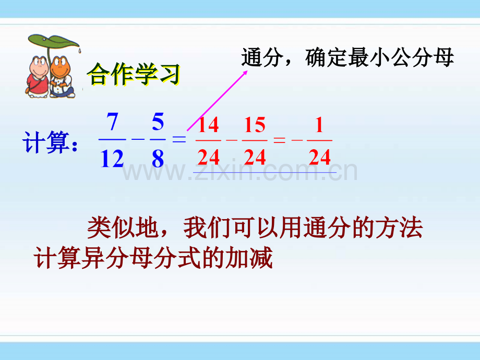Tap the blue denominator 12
point(112,158)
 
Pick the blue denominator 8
point(158,158)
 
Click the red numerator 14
point(208,126)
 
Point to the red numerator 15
point(255,126)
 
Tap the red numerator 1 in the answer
point(320,126)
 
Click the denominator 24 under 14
point(208,157)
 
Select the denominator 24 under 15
point(255,157)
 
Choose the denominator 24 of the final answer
point(320,157)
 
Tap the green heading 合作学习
point(133,75)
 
